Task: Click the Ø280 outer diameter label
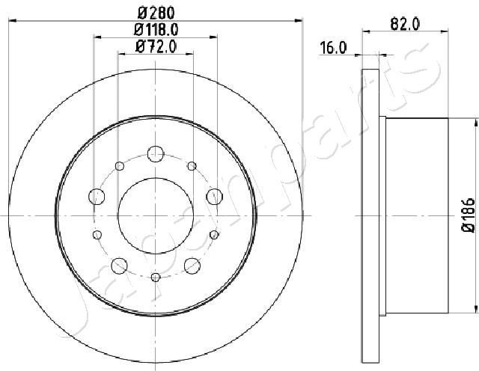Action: tap(155, 13)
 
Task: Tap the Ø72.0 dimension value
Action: tap(156, 47)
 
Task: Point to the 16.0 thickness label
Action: tap(333, 48)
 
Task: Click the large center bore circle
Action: tap(155, 215)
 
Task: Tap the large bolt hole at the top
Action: tap(155, 153)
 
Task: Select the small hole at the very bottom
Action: tap(155, 278)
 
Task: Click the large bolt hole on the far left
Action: tap(97, 197)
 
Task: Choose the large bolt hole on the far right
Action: tap(214, 197)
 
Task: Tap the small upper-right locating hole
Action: tap(192, 165)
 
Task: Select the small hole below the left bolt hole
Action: tap(97, 235)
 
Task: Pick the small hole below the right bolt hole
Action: tap(214, 235)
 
